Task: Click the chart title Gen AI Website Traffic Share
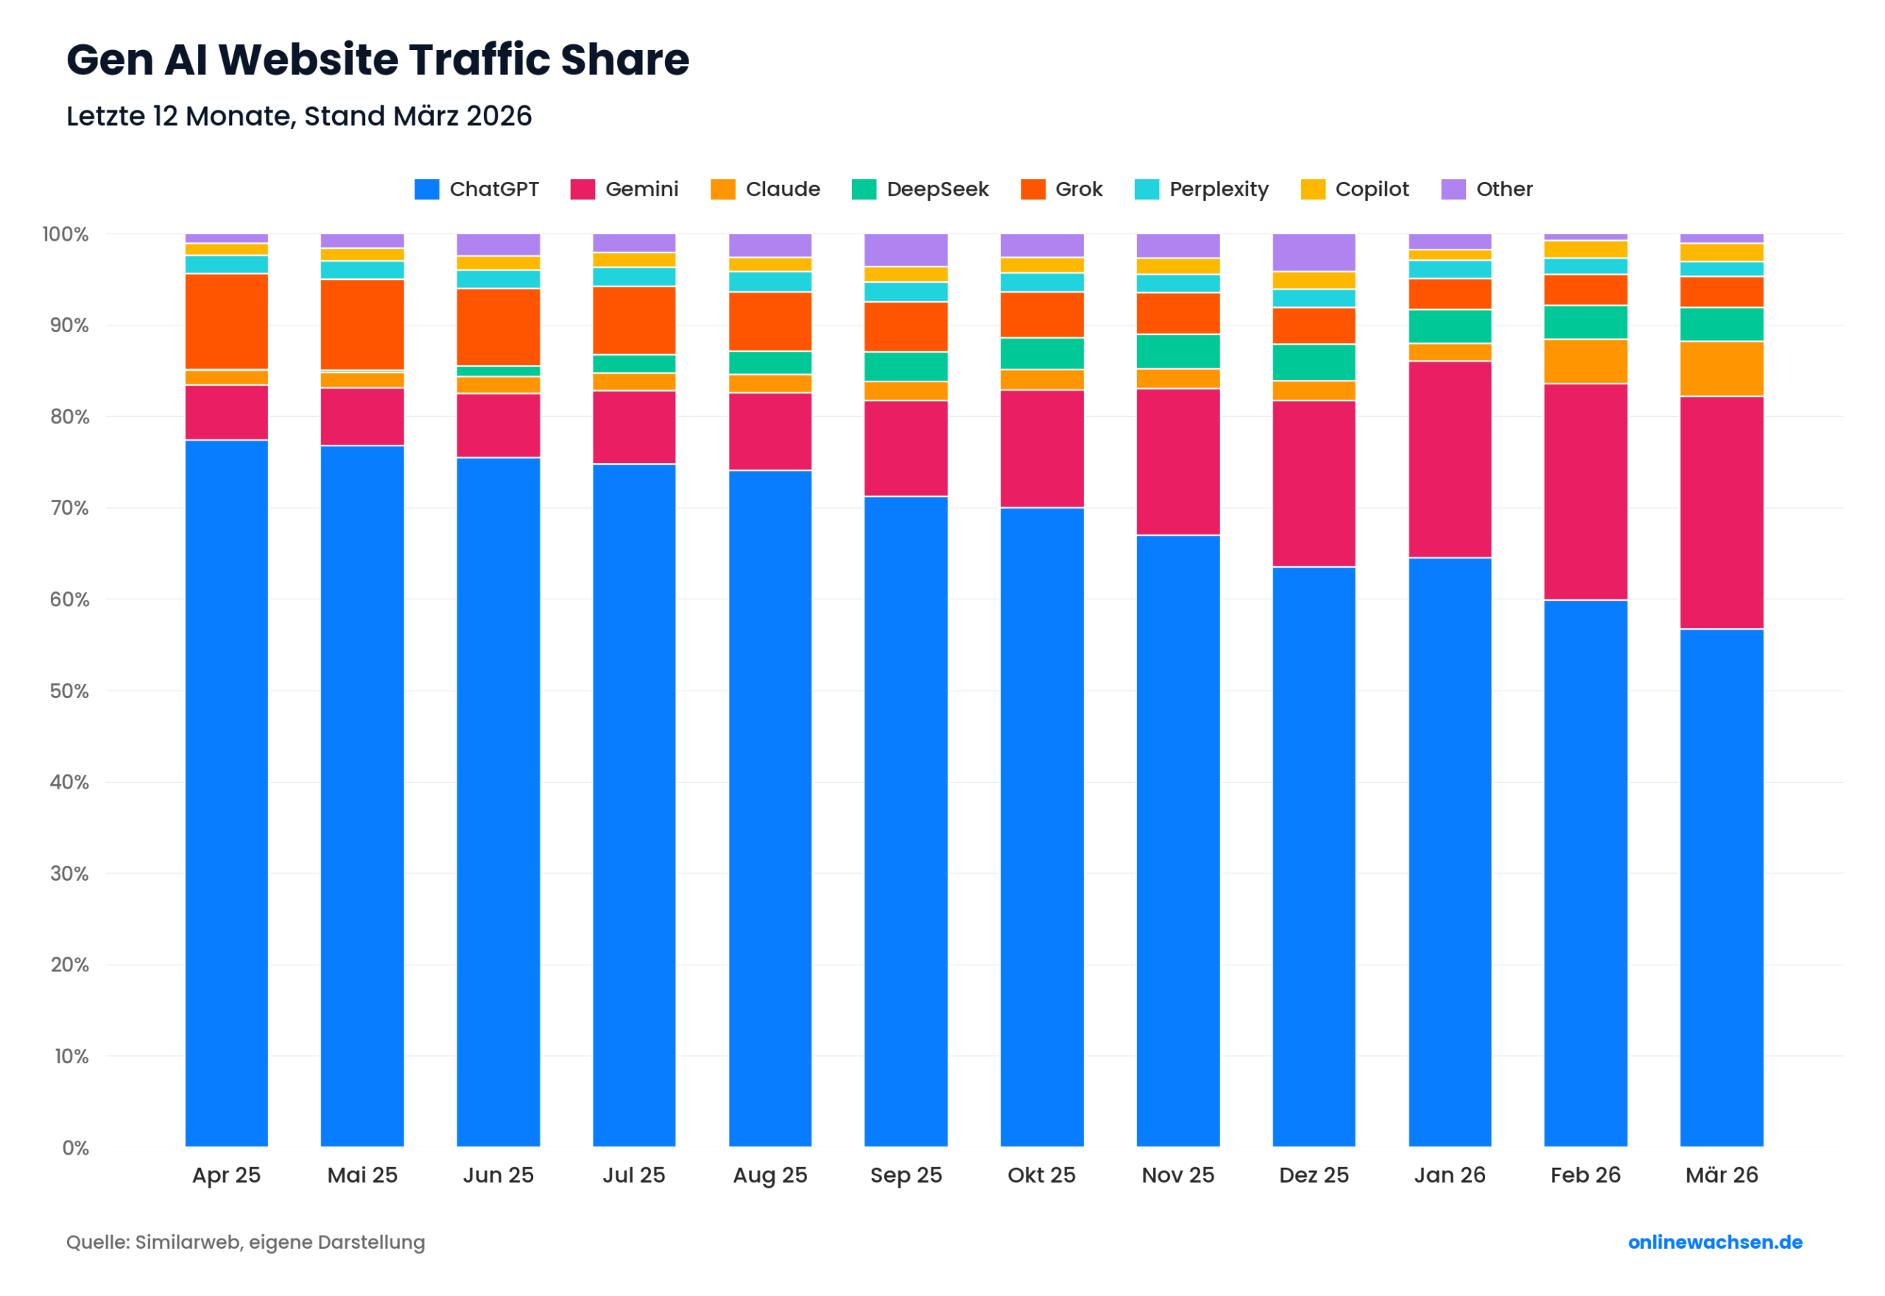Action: pyautogui.click(x=378, y=60)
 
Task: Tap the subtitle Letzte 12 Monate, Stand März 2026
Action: pyautogui.click(x=299, y=116)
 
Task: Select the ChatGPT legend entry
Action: pyautogui.click(x=476, y=189)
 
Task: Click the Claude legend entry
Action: pyautogui.click(x=766, y=189)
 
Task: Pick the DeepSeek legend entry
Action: pyautogui.click(x=920, y=189)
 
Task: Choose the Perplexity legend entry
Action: pyautogui.click(x=1202, y=189)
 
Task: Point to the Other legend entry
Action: pyautogui.click(x=1487, y=189)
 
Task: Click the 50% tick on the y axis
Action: pyautogui.click(x=69, y=691)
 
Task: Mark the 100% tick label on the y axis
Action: pyautogui.click(x=66, y=234)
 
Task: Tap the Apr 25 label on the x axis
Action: pyautogui.click(x=227, y=1175)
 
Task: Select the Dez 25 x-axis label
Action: pyautogui.click(x=1314, y=1175)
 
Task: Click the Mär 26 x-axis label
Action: pyautogui.click(x=1722, y=1175)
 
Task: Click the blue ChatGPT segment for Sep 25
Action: pyautogui.click(x=906, y=820)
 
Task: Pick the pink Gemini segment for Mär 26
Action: pyautogui.click(x=1722, y=513)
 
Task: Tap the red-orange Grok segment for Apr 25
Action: pyautogui.click(x=227, y=322)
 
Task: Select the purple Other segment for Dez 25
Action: pyautogui.click(x=1314, y=253)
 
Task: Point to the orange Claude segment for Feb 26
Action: pyautogui.click(x=1585, y=362)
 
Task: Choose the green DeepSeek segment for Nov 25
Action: pyautogui.click(x=1178, y=351)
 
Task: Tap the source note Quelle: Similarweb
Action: pyautogui.click(x=245, y=1242)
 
